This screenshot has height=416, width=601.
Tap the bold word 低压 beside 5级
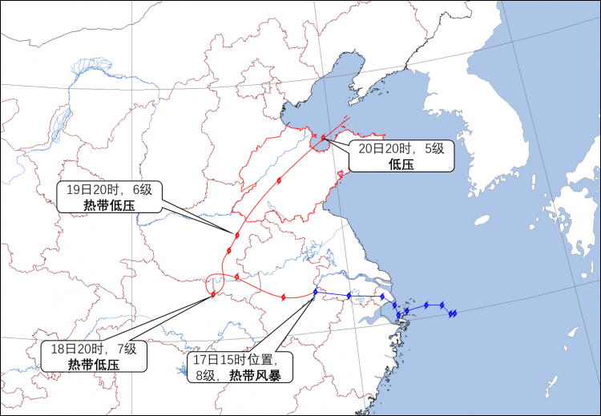pyautogui.click(x=401, y=164)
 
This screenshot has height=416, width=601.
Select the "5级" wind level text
pyautogui.click(x=434, y=149)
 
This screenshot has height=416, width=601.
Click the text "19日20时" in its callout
pyautogui.click(x=91, y=190)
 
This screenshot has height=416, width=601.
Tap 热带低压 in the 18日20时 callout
pyautogui.click(x=94, y=364)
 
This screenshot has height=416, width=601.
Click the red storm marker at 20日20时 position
pyautogui.click(x=323, y=138)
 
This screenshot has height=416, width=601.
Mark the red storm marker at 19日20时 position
pyautogui.click(x=238, y=235)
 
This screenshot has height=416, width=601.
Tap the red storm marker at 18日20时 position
pyautogui.click(x=213, y=294)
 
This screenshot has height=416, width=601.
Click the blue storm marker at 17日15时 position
pyautogui.click(x=316, y=291)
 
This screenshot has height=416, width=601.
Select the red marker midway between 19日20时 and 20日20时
pyautogui.click(x=279, y=180)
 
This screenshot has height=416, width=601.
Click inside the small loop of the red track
pyautogui.click(x=215, y=282)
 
